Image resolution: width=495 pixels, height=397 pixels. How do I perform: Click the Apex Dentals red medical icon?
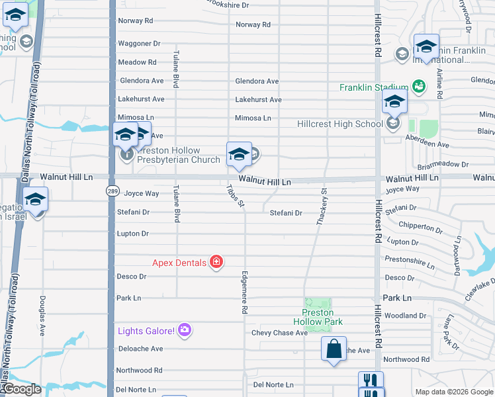click(216, 263)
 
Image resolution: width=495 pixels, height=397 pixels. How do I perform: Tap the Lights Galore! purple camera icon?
click(185, 330)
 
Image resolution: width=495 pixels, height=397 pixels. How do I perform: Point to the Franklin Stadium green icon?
click(418, 86)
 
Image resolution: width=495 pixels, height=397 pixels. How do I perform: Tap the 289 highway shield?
click(112, 191)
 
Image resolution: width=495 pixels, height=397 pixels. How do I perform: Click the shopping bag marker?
click(334, 349)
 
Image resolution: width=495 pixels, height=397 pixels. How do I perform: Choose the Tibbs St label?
click(234, 195)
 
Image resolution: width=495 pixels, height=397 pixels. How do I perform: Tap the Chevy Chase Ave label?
click(279, 333)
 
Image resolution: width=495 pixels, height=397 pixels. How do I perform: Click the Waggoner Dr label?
click(139, 44)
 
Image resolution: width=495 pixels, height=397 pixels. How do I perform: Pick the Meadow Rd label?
click(137, 62)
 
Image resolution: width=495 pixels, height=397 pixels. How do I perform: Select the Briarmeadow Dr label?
click(443, 164)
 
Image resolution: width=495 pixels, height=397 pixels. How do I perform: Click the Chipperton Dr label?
click(420, 227)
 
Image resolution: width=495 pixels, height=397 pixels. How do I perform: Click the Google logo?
click(21, 389)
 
